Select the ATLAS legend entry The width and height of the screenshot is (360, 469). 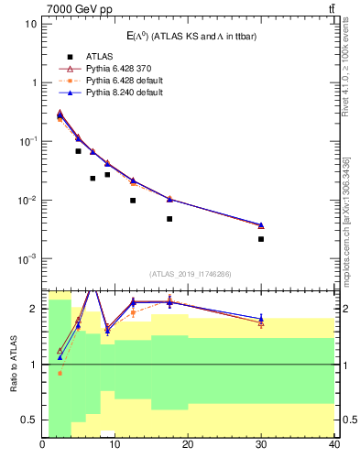coord(94,56)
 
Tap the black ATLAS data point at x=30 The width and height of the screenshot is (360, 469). coord(261,239)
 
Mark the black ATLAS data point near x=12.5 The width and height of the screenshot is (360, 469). coord(133,201)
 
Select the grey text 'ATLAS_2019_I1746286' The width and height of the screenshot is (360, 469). coord(188,274)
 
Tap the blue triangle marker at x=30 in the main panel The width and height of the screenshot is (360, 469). coord(261,224)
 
